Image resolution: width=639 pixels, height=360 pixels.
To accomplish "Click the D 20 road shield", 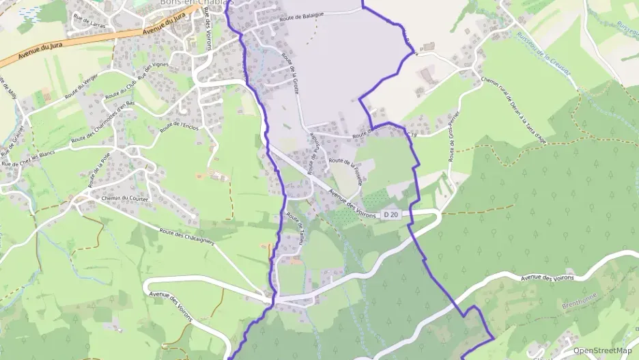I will (x=391, y=214).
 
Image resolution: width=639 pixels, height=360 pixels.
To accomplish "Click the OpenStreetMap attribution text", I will (x=602, y=350).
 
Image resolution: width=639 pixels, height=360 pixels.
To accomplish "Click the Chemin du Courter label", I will (x=124, y=198).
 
